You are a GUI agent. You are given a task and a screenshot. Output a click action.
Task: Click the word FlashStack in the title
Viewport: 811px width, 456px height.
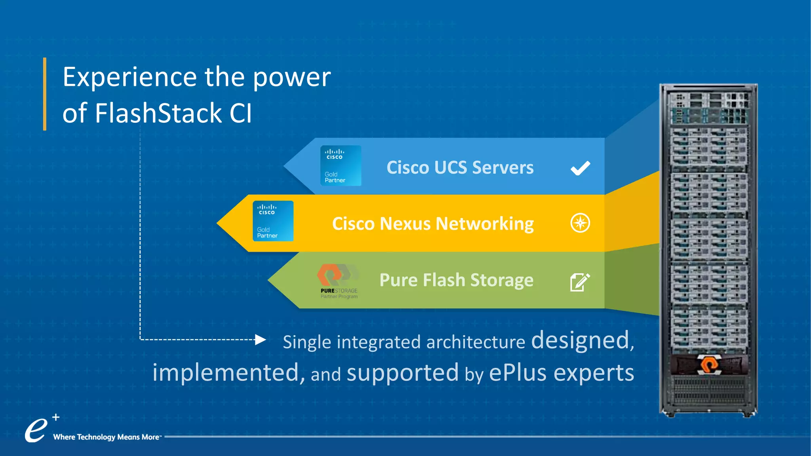pos(158,113)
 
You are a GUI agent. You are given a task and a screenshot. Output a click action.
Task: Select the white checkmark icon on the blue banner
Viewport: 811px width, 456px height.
pos(580,168)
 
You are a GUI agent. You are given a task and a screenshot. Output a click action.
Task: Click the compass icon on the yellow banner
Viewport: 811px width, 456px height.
pos(580,223)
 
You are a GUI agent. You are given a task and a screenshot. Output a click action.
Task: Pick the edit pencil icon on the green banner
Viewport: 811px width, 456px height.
pos(580,282)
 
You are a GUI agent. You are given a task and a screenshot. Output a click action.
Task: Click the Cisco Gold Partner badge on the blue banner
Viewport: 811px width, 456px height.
pos(341,166)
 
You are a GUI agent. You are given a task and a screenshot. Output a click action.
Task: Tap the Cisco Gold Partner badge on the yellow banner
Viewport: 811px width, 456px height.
pos(273,221)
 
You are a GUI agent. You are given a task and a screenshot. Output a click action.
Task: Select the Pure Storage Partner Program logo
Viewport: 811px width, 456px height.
pos(338,281)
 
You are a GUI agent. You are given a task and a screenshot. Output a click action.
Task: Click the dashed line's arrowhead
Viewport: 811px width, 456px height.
pos(260,340)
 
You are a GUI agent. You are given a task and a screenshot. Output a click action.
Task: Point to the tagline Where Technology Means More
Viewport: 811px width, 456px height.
pos(107,437)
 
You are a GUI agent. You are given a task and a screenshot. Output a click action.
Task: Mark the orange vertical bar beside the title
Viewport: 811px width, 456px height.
pos(45,94)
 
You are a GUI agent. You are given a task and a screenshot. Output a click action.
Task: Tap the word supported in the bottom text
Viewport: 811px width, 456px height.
pos(402,373)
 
